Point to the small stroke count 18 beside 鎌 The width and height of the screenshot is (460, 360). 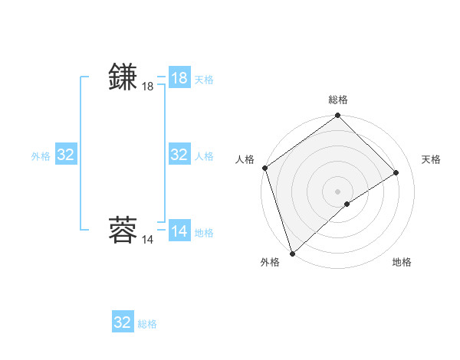(148, 87)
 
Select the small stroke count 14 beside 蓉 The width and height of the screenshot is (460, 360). (148, 240)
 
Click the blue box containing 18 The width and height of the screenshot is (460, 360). (179, 78)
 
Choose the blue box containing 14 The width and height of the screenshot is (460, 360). (179, 231)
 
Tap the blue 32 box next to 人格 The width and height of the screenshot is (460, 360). (179, 155)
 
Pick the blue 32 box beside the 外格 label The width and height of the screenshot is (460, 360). (66, 155)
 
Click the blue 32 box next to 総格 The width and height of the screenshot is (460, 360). (123, 322)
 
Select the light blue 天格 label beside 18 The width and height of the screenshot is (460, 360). (204, 80)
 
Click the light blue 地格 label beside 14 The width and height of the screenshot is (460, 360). (204, 233)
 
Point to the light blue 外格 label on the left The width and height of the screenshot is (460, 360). (41, 156)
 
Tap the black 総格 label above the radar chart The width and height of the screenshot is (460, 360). (338, 100)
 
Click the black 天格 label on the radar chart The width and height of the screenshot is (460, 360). (431, 159)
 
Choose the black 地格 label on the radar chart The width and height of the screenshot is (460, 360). (402, 262)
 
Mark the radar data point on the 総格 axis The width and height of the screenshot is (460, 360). (338, 116)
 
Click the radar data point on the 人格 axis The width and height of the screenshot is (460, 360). (264, 168)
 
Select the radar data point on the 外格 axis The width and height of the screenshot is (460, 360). (292, 253)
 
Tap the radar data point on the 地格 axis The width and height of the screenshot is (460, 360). (347, 204)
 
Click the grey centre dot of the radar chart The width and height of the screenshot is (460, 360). (338, 191)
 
